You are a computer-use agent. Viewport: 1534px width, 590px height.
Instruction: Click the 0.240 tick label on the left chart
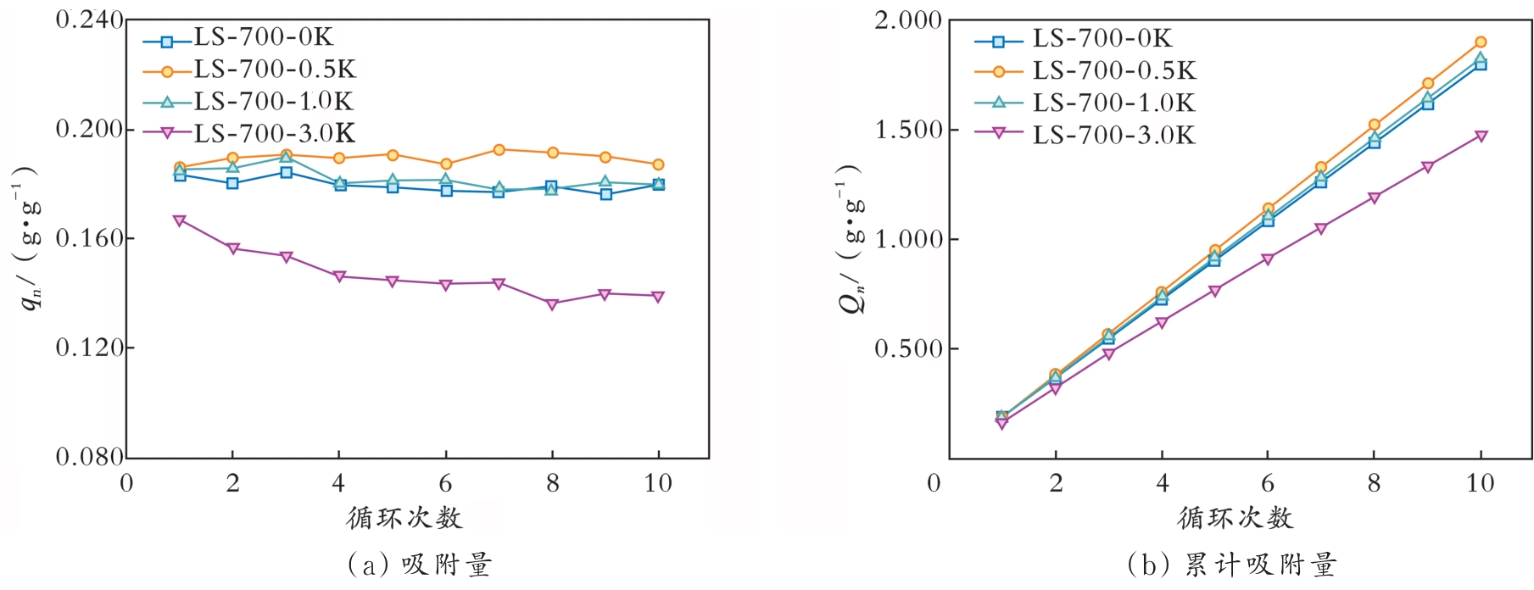pyautogui.click(x=89, y=19)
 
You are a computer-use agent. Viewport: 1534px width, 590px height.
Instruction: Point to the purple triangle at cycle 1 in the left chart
pyautogui.click(x=179, y=220)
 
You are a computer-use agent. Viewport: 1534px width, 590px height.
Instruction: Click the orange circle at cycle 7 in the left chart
pyautogui.click(x=499, y=150)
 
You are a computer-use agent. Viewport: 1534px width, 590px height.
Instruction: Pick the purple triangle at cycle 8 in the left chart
pyautogui.click(x=552, y=304)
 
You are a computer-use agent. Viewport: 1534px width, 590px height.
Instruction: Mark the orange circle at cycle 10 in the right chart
pyautogui.click(x=1481, y=42)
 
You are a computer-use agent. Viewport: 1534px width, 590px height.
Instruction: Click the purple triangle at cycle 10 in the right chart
pyautogui.click(x=1481, y=136)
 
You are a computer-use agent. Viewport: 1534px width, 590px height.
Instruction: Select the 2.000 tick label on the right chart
pyautogui.click(x=908, y=19)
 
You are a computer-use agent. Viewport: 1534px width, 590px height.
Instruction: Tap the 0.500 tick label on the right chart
pyautogui.click(x=908, y=348)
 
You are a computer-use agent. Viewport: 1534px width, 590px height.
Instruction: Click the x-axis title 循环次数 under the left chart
pyautogui.click(x=404, y=517)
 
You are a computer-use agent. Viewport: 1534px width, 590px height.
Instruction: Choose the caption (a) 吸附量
pyautogui.click(x=420, y=565)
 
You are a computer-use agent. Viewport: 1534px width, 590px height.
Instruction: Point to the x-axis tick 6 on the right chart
pyautogui.click(x=1268, y=483)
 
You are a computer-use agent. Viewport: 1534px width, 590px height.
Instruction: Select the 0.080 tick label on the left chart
pyautogui.click(x=89, y=457)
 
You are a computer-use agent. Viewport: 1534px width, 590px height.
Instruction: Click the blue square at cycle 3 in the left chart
pyautogui.click(x=286, y=172)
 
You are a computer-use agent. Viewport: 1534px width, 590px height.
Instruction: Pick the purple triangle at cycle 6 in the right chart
pyautogui.click(x=1268, y=259)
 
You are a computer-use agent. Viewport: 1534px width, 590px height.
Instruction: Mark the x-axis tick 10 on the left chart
pyautogui.click(x=658, y=483)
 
